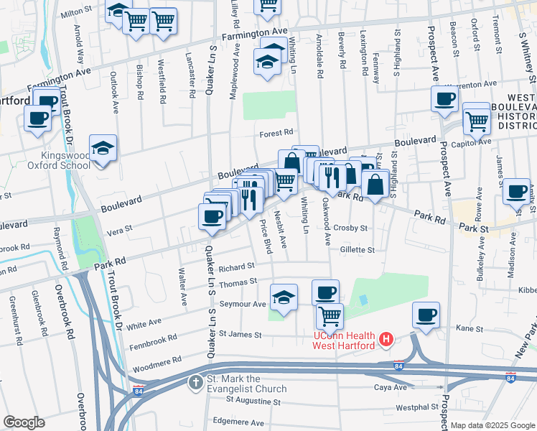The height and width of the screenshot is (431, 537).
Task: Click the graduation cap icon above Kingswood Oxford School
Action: click(103, 149)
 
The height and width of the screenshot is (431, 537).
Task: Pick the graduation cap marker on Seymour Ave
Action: click(284, 297)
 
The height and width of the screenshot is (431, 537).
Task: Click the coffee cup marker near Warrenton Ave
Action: click(444, 99)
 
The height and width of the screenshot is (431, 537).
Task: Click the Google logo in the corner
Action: click(24, 422)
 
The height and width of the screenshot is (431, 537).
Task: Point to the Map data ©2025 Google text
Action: click(492, 425)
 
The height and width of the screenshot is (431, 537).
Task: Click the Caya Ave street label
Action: click(391, 387)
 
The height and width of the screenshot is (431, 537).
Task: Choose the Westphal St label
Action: click(416, 407)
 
